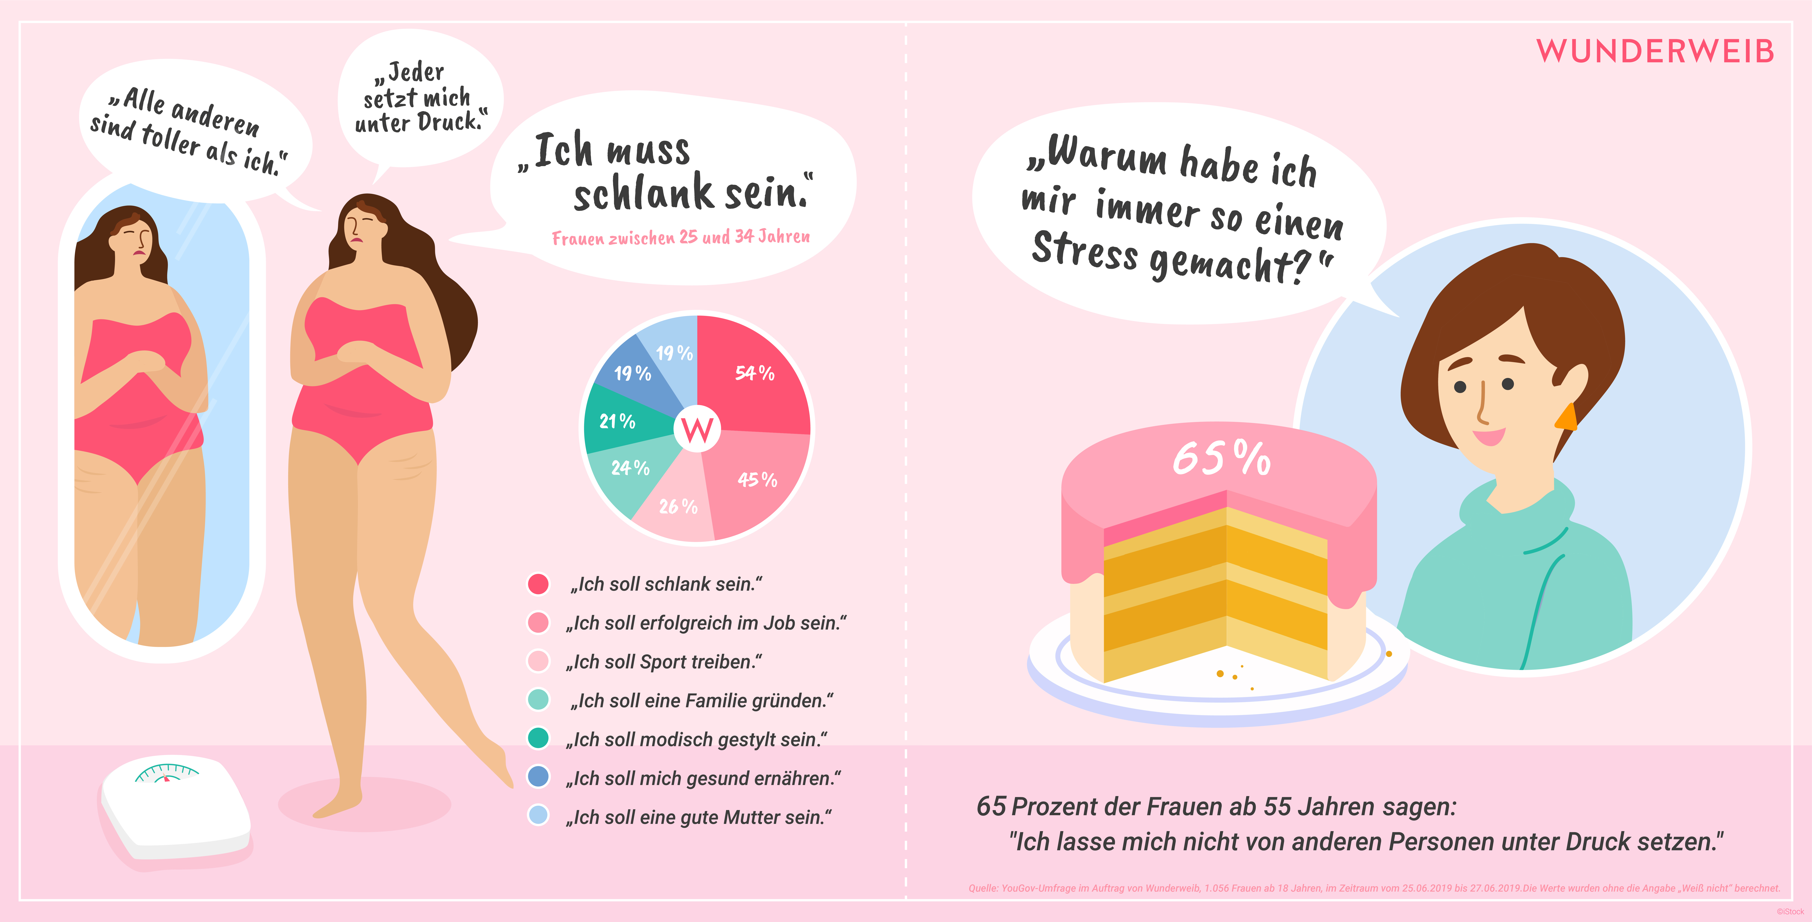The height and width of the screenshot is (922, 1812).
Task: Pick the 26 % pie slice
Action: pyautogui.click(x=675, y=503)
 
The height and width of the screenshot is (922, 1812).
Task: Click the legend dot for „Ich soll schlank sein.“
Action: pyautogui.click(x=538, y=584)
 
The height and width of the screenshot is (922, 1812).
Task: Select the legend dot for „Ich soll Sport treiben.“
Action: pyautogui.click(x=538, y=661)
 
